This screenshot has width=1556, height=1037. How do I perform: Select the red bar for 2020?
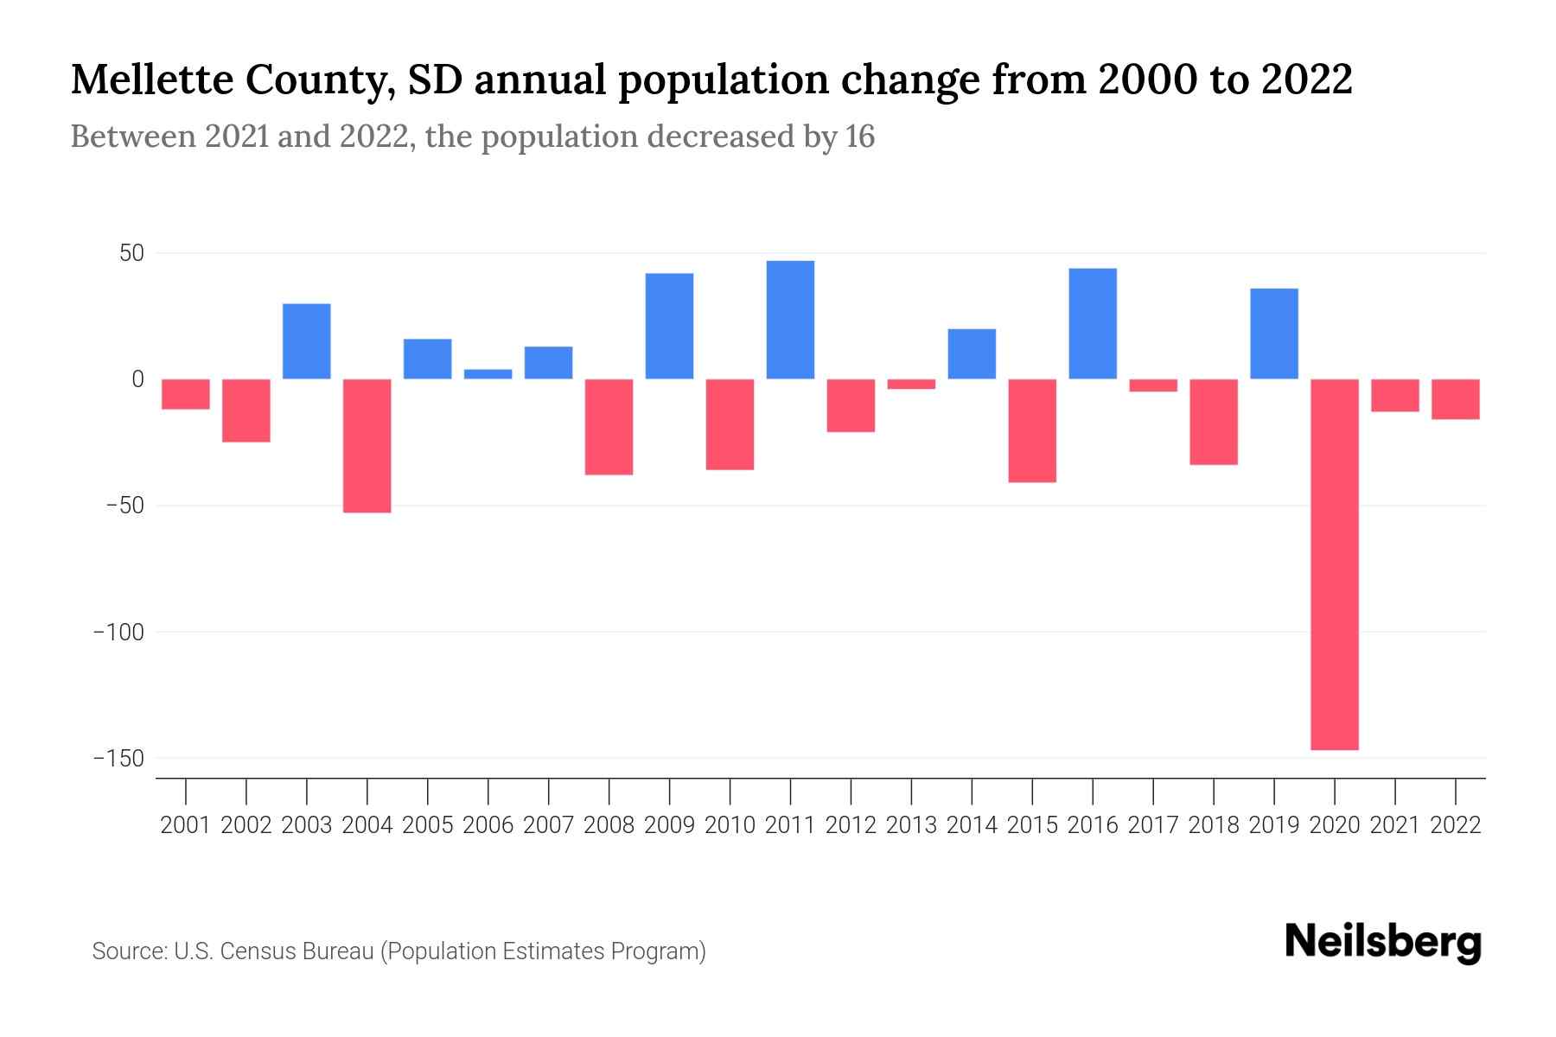[1335, 563]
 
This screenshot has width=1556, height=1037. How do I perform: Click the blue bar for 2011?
[790, 320]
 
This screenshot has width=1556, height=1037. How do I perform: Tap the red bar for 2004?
[367, 446]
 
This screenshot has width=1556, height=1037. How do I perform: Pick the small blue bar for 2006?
[488, 374]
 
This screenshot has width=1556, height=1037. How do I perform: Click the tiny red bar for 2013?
[911, 384]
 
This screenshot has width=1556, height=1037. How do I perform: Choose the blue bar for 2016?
[1093, 324]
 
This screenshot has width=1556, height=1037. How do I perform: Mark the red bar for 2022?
[1456, 399]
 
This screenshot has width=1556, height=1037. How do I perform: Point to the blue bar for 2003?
[307, 341]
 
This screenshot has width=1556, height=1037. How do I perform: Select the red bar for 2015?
[1032, 430]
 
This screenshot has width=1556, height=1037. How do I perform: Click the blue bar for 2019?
[1274, 334]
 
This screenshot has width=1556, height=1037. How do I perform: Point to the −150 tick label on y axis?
[118, 759]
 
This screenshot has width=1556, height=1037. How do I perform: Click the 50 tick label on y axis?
[131, 254]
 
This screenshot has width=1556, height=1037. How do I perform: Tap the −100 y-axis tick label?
[118, 633]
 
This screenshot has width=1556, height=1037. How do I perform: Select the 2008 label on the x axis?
[609, 825]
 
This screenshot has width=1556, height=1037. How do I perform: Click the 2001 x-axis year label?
[186, 825]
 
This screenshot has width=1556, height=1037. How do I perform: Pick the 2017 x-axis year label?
[1153, 825]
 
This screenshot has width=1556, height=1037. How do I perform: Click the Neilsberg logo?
[1383, 942]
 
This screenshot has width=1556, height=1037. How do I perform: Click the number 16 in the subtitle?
[860, 137]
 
